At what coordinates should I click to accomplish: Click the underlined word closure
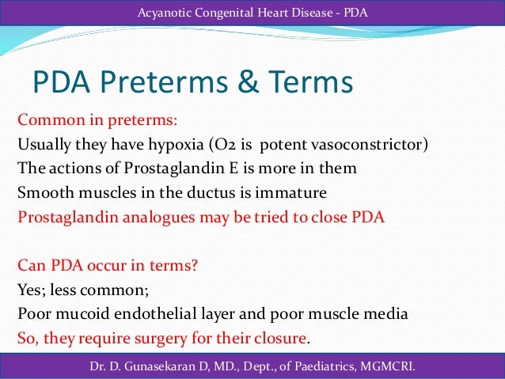point(279,339)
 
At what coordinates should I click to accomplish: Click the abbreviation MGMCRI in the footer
point(389,366)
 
